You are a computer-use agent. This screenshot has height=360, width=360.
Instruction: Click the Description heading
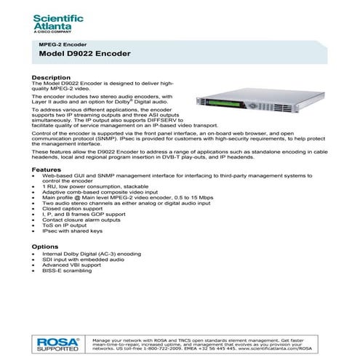point(51,76)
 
